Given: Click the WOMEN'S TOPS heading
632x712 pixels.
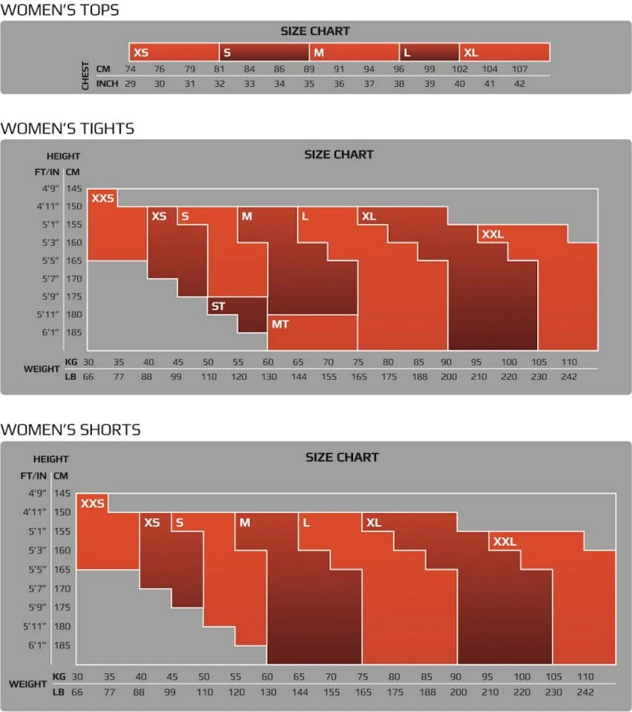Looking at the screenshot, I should [60, 10].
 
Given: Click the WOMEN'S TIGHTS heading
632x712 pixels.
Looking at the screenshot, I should [68, 128].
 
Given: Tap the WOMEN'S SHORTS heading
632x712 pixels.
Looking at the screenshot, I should [70, 429].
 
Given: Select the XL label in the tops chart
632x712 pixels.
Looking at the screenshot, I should [470, 53].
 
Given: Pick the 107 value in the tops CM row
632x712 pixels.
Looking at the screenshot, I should [519, 69].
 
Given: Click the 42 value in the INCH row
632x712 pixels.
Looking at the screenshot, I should [519, 84].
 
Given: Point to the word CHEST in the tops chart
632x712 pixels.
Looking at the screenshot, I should [85, 76].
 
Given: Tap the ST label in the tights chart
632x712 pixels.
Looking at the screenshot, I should [218, 306].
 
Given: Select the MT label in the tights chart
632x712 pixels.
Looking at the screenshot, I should [280, 324].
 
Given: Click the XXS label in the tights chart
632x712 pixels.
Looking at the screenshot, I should [102, 198].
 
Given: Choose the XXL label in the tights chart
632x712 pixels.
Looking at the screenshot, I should [493, 234].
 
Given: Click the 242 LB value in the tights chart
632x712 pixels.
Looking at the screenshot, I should [568, 378].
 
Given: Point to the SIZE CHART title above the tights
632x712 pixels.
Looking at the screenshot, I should [338, 154].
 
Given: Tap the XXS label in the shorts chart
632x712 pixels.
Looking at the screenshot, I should [93, 504].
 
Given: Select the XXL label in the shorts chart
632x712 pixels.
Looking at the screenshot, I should [504, 541].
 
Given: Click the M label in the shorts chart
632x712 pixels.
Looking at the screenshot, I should [245, 523].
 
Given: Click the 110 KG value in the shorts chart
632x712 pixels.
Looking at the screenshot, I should [585, 676].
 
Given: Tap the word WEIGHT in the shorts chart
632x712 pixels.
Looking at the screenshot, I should [28, 684].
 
